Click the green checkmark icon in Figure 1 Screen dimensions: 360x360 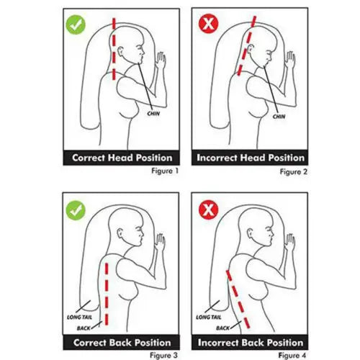(x=76, y=24)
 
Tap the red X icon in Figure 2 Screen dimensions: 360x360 (x=209, y=24)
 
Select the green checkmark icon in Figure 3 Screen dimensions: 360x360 (x=76, y=210)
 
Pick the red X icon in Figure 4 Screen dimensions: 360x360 (x=209, y=210)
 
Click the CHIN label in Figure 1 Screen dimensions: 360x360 (x=153, y=113)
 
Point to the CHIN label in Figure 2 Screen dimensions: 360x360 (x=279, y=117)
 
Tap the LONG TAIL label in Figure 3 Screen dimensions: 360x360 (x=79, y=318)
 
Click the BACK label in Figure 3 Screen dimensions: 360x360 (x=84, y=328)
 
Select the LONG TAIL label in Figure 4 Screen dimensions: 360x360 (x=209, y=318)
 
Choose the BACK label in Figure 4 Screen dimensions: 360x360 (x=222, y=328)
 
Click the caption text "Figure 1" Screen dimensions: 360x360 (x=165, y=171)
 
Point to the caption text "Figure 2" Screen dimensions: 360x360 (x=294, y=172)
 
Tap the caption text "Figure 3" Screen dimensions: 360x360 (x=163, y=355)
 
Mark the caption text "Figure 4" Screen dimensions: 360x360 (x=292, y=355)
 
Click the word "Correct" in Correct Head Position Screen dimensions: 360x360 (x=89, y=158)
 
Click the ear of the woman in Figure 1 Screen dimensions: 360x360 (x=120, y=51)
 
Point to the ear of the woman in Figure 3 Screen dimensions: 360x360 (x=120, y=233)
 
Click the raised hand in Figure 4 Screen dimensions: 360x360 (x=290, y=243)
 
